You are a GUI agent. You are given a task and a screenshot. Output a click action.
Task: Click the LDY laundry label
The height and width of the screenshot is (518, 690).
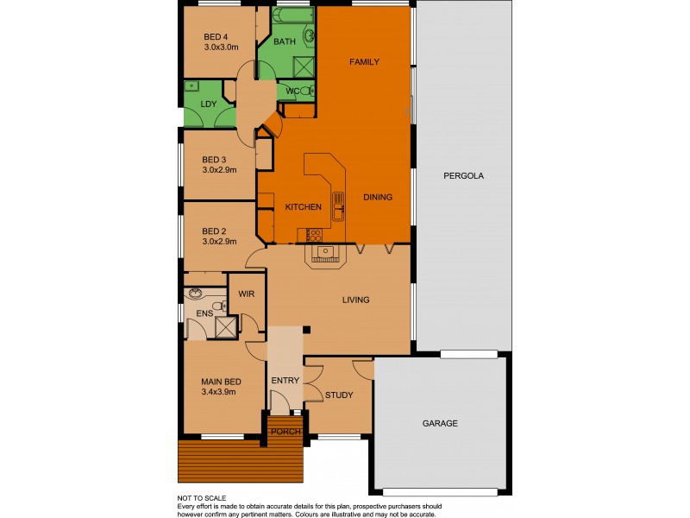click(x=208, y=104)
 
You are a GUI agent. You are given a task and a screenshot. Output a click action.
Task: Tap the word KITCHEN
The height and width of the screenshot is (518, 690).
click(x=304, y=207)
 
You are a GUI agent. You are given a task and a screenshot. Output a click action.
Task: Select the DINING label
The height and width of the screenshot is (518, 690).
click(x=377, y=197)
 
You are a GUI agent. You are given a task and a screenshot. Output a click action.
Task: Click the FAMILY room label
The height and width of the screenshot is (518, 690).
click(x=364, y=62)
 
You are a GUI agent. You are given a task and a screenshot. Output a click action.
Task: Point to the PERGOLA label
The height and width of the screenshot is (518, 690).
click(x=463, y=175)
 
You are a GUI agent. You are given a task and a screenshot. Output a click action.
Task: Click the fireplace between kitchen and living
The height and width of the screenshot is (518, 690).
click(x=325, y=254)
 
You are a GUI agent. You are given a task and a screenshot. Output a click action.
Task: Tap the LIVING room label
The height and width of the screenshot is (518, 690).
click(x=355, y=300)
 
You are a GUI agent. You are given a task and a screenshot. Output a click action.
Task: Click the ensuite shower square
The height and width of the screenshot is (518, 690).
click(x=226, y=326)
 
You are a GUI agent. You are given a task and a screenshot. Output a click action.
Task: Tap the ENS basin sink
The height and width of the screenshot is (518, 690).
click(x=195, y=293)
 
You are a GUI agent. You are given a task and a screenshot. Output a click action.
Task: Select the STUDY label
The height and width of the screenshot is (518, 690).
click(x=339, y=395)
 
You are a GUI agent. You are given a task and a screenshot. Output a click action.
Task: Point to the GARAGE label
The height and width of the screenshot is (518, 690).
click(x=439, y=423)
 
